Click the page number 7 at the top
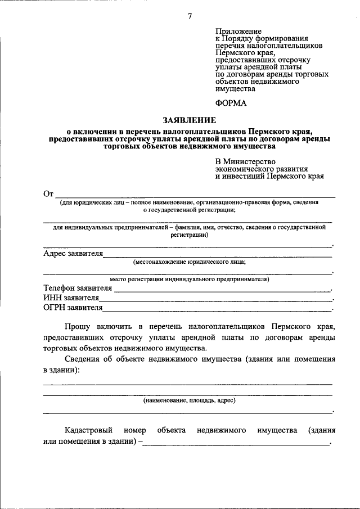point(190,16)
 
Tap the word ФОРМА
point(231,103)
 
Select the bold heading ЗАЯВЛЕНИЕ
point(189,120)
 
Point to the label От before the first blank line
point(48,194)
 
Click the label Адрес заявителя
point(73,254)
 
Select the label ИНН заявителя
point(71,298)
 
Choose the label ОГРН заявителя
point(73,308)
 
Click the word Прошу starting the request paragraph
point(78,326)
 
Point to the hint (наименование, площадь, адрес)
point(189,400)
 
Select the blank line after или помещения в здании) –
point(236,444)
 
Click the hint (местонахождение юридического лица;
point(189,262)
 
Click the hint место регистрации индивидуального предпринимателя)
point(189,279)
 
